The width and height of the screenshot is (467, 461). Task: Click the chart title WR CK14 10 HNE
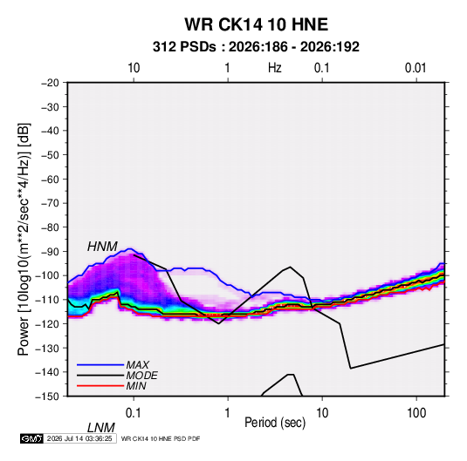[x=256, y=24]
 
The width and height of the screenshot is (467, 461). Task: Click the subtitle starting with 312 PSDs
[x=256, y=47]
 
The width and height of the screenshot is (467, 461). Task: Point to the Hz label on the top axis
[x=275, y=68]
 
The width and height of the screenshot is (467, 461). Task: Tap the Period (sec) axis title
[x=275, y=423]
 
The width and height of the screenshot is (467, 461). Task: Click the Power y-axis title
[x=24, y=240]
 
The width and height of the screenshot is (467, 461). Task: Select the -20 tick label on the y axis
[x=50, y=83]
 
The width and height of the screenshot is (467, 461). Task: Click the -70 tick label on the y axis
[x=50, y=203]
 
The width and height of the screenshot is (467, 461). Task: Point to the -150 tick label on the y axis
[x=47, y=397]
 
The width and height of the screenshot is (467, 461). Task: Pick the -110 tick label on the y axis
[x=47, y=300]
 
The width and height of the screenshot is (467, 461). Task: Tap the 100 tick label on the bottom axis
[x=415, y=413]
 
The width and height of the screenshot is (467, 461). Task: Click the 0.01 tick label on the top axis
[x=415, y=68]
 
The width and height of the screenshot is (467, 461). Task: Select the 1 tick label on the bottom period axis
[x=228, y=413]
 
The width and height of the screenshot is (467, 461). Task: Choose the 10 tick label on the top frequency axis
[x=134, y=68]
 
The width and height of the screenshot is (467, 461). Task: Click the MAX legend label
[x=138, y=365]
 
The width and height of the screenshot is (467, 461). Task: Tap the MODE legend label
[x=141, y=376]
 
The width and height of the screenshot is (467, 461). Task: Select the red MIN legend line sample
[x=100, y=386]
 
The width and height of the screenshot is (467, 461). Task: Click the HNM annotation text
[x=102, y=247]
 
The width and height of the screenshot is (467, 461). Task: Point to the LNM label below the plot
[x=101, y=428]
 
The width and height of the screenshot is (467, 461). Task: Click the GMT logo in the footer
[x=32, y=438]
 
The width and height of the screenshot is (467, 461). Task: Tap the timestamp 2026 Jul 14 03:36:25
[x=79, y=438]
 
